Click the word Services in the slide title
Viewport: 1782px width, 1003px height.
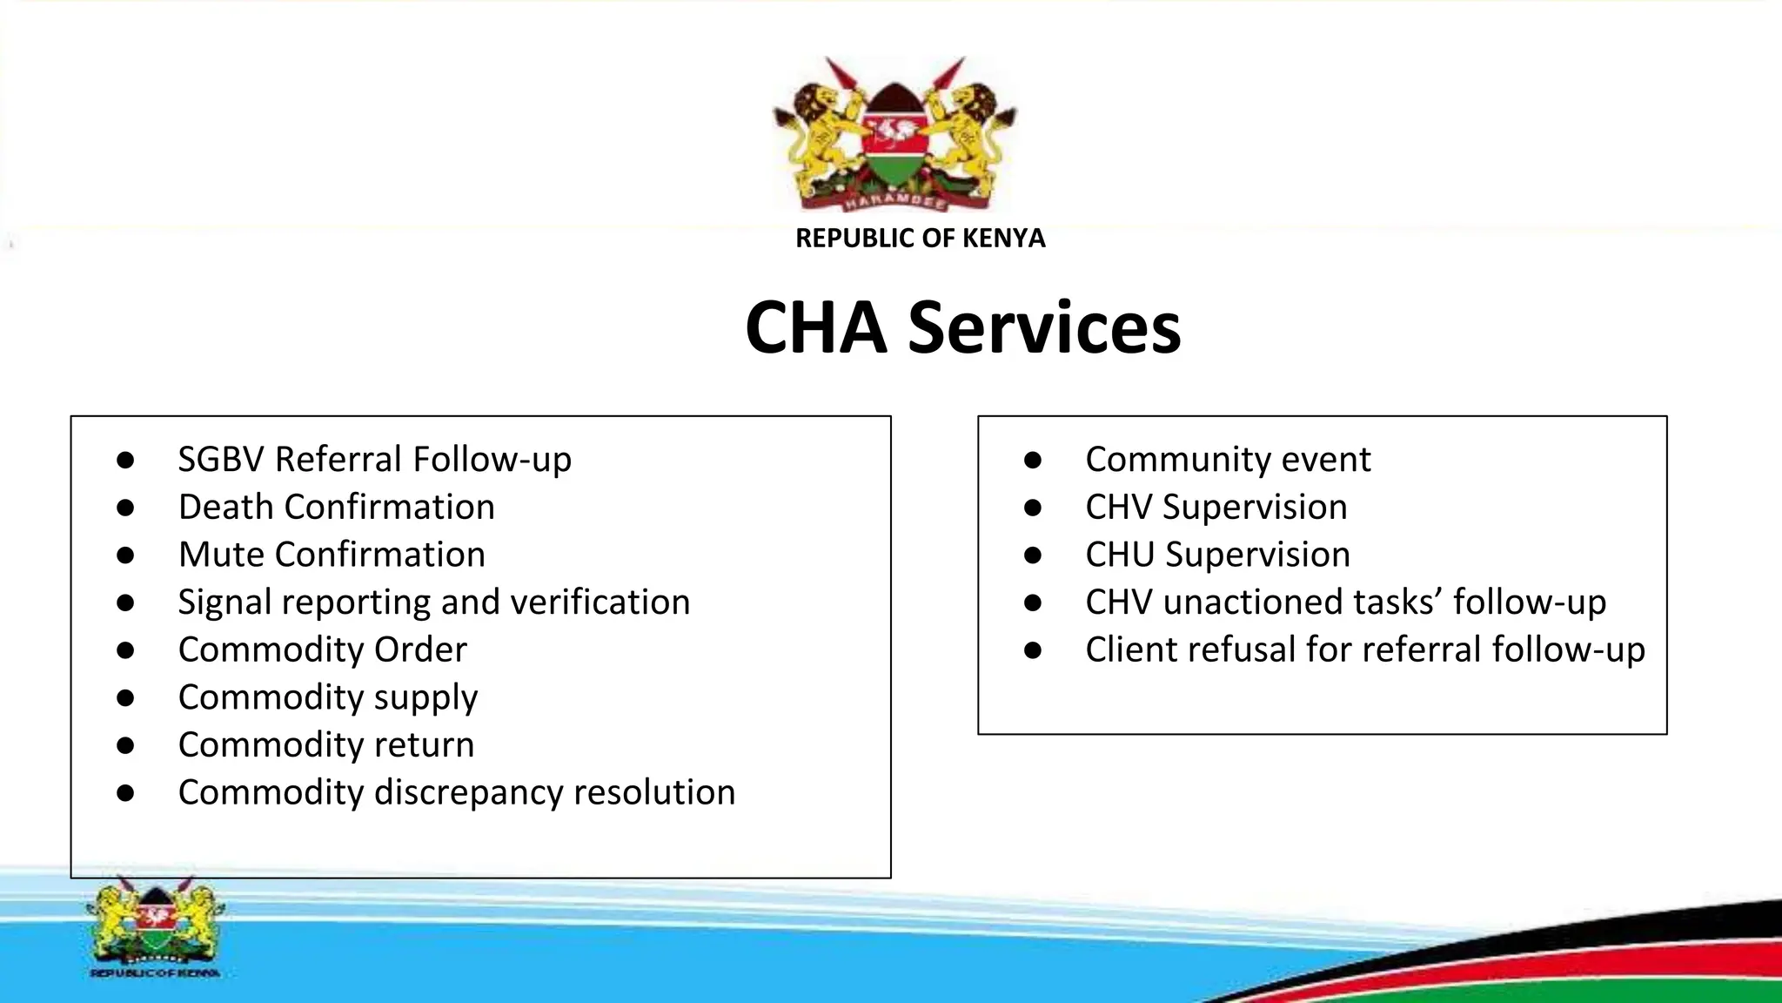[x=1044, y=328]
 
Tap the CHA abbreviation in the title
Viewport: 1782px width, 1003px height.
[x=815, y=328]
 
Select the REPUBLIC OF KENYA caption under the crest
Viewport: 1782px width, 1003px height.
[x=920, y=238]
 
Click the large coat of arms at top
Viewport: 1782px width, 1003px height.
[x=894, y=135]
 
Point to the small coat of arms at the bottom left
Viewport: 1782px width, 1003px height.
[x=155, y=925]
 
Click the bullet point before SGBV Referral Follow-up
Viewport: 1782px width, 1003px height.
[x=125, y=460]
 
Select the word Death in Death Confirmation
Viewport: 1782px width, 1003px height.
[x=226, y=507]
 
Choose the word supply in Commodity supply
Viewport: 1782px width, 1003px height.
[x=425, y=698]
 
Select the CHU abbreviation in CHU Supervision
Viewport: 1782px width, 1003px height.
[x=1120, y=555]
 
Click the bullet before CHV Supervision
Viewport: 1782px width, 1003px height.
[x=1033, y=508]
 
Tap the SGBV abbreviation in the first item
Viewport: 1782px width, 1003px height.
[x=221, y=460]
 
